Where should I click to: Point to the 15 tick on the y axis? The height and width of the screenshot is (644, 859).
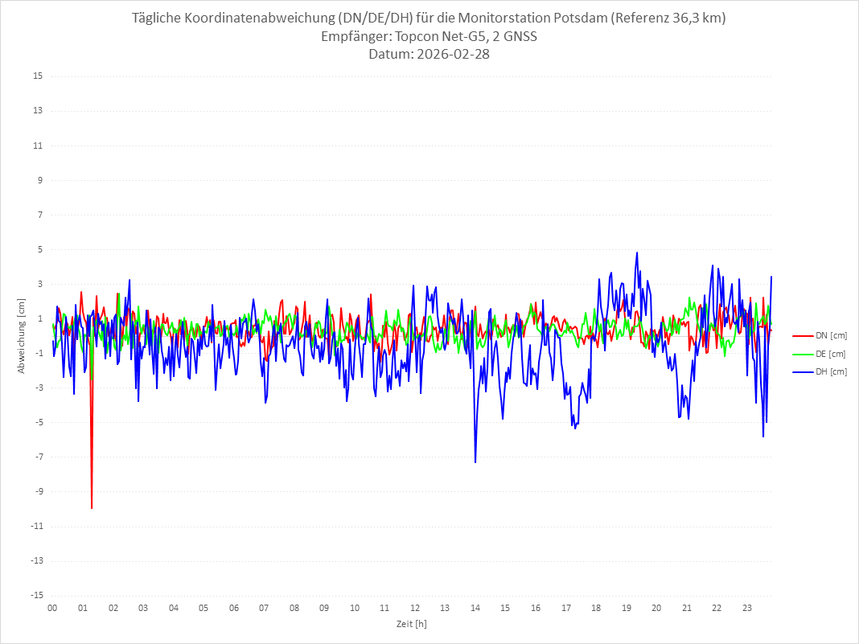37,76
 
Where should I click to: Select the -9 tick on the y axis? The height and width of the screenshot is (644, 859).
37,491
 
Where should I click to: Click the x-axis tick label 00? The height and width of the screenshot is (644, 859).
52,608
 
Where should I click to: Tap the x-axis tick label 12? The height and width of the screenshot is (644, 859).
415,608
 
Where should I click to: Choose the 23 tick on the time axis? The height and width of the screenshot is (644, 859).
747,608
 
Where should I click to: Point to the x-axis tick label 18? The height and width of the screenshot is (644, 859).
596,608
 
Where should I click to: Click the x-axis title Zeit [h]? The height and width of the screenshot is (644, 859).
412,623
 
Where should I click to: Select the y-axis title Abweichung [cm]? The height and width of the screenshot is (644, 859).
22,335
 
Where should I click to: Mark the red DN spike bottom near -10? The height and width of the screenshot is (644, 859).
92,508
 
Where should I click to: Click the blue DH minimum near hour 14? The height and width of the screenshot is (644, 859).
475,461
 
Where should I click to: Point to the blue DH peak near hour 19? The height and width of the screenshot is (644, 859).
637,252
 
